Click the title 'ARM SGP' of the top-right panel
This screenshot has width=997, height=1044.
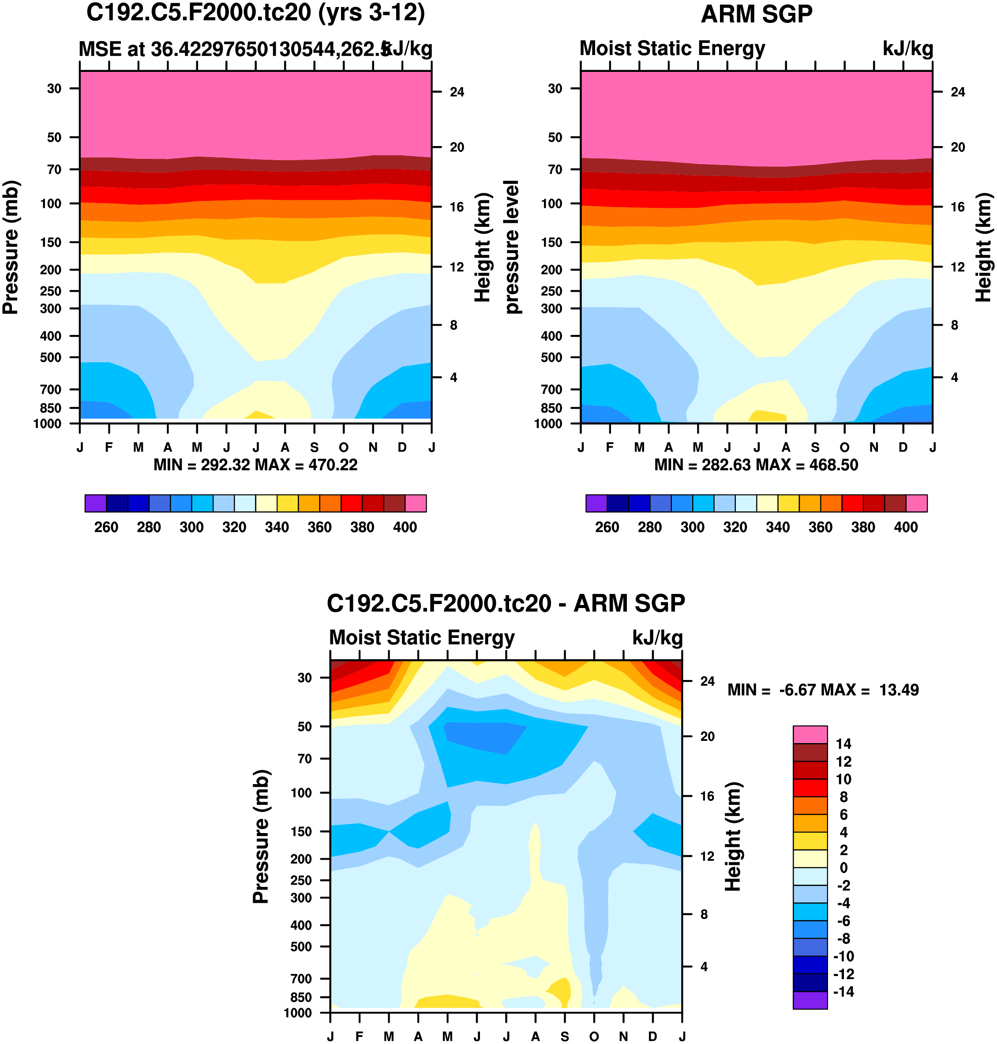pyautogui.click(x=756, y=15)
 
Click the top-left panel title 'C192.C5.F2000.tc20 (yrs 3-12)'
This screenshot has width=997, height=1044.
pyautogui.click(x=255, y=13)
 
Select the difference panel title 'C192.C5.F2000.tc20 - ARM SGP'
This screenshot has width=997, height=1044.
pyautogui.click(x=506, y=603)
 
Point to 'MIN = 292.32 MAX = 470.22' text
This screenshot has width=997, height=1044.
pyautogui.click(x=255, y=465)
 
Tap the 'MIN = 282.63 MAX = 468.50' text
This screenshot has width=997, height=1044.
pyautogui.click(x=756, y=465)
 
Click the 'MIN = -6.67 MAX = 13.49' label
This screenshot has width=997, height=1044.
pyautogui.click(x=823, y=690)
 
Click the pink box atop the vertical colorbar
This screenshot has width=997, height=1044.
pyautogui.click(x=810, y=735)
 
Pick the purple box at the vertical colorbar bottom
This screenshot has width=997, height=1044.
pyautogui.click(x=810, y=1000)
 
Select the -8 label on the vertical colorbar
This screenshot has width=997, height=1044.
pyautogui.click(x=843, y=938)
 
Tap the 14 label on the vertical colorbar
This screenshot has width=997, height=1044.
pyautogui.click(x=843, y=744)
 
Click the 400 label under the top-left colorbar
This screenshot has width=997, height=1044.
pyautogui.click(x=405, y=527)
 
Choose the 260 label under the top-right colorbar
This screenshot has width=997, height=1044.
pyautogui.click(x=607, y=527)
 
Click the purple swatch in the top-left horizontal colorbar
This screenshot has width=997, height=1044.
pyautogui.click(x=96, y=503)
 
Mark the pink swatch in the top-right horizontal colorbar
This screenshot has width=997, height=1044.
pyautogui.click(x=916, y=503)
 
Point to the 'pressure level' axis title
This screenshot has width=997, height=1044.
pyautogui.click(x=511, y=247)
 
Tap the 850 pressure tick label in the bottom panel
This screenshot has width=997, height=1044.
pyautogui.click(x=301, y=997)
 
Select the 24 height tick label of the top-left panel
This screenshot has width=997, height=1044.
pyautogui.click(x=457, y=92)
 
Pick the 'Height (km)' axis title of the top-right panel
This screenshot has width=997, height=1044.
pyautogui.click(x=984, y=247)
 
